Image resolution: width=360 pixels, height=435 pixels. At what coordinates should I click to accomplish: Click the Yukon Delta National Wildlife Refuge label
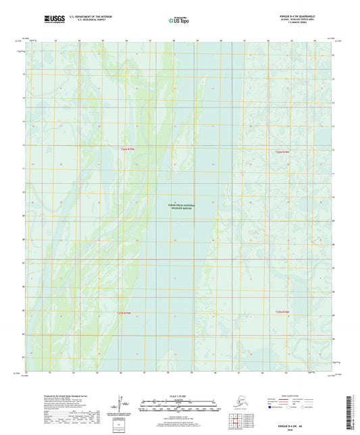tap(180, 207)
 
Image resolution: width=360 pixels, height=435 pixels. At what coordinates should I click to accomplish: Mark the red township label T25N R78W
tap(282, 311)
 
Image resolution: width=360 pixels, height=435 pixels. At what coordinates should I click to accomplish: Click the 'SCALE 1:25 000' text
tap(179, 396)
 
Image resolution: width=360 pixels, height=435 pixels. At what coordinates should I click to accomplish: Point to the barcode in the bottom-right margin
tap(354, 409)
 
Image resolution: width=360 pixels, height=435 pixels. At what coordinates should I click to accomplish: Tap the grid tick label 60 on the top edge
tap(221, 41)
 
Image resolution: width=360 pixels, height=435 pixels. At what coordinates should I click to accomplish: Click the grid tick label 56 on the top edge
tap(126, 41)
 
